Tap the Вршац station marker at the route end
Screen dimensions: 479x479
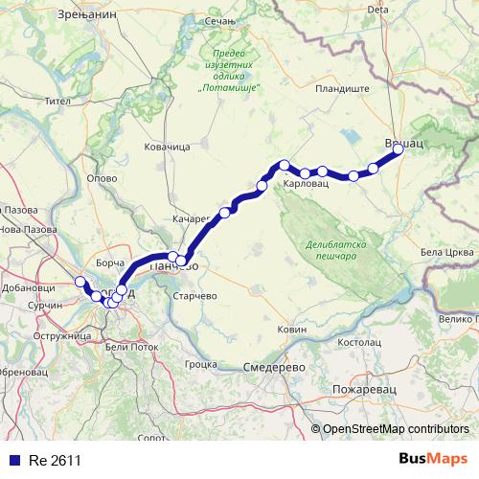[x=399, y=148]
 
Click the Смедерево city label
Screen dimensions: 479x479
[x=274, y=368]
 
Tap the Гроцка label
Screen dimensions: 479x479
[x=201, y=364]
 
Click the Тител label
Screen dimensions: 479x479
[x=58, y=100]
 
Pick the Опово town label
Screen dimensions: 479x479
[x=102, y=178]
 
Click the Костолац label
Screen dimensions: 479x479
[x=360, y=341]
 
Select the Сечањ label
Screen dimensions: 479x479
[x=246, y=19]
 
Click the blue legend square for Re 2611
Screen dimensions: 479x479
[x=12, y=460]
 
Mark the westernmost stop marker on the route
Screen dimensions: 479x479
[x=80, y=282]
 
